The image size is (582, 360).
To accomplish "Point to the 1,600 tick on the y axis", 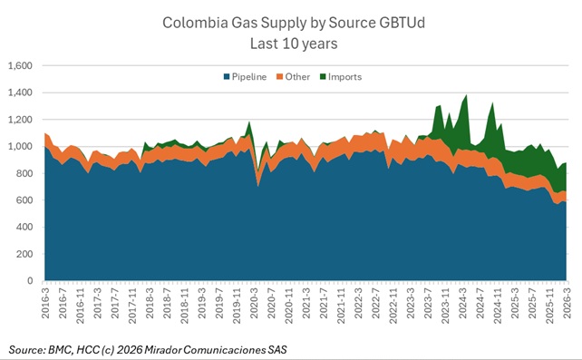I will [20, 66].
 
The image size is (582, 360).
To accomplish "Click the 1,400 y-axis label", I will [20, 93].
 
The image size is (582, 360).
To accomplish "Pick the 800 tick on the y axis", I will [24, 173].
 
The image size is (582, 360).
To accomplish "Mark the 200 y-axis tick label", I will [24, 254].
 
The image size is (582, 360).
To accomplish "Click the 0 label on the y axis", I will [31, 281].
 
